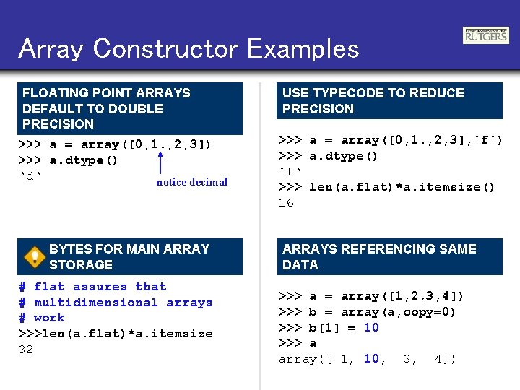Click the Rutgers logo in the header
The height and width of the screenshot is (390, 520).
(x=485, y=35)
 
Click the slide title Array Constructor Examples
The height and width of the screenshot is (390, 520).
(x=189, y=48)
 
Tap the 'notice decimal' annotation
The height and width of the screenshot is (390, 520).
(x=191, y=182)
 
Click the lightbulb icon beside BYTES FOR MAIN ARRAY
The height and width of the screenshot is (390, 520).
(x=33, y=257)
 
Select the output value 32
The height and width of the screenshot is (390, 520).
(x=26, y=349)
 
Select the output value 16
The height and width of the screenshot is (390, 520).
(x=286, y=203)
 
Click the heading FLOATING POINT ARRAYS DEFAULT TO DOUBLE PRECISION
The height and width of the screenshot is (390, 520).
(x=106, y=108)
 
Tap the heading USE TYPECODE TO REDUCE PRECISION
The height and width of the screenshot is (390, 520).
(x=373, y=100)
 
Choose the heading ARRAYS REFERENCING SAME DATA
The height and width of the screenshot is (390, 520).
(x=379, y=256)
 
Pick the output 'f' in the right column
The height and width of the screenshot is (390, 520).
(x=290, y=172)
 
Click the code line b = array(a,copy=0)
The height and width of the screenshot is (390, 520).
(x=368, y=312)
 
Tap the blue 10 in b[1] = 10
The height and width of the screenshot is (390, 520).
(x=371, y=327)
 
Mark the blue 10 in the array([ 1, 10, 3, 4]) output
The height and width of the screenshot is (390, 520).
(x=371, y=358)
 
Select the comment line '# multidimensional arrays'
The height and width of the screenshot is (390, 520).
(x=116, y=303)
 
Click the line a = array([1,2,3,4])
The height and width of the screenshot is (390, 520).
(x=372, y=296)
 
